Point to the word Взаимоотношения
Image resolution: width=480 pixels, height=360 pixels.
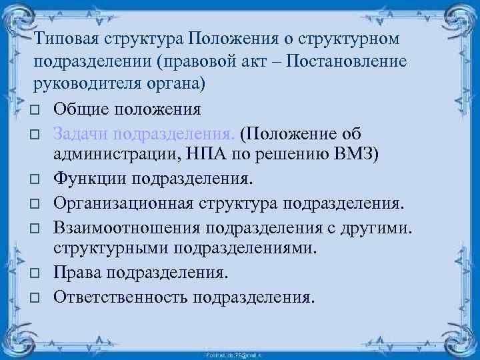(x=126, y=225)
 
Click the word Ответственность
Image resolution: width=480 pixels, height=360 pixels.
(x=121, y=295)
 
